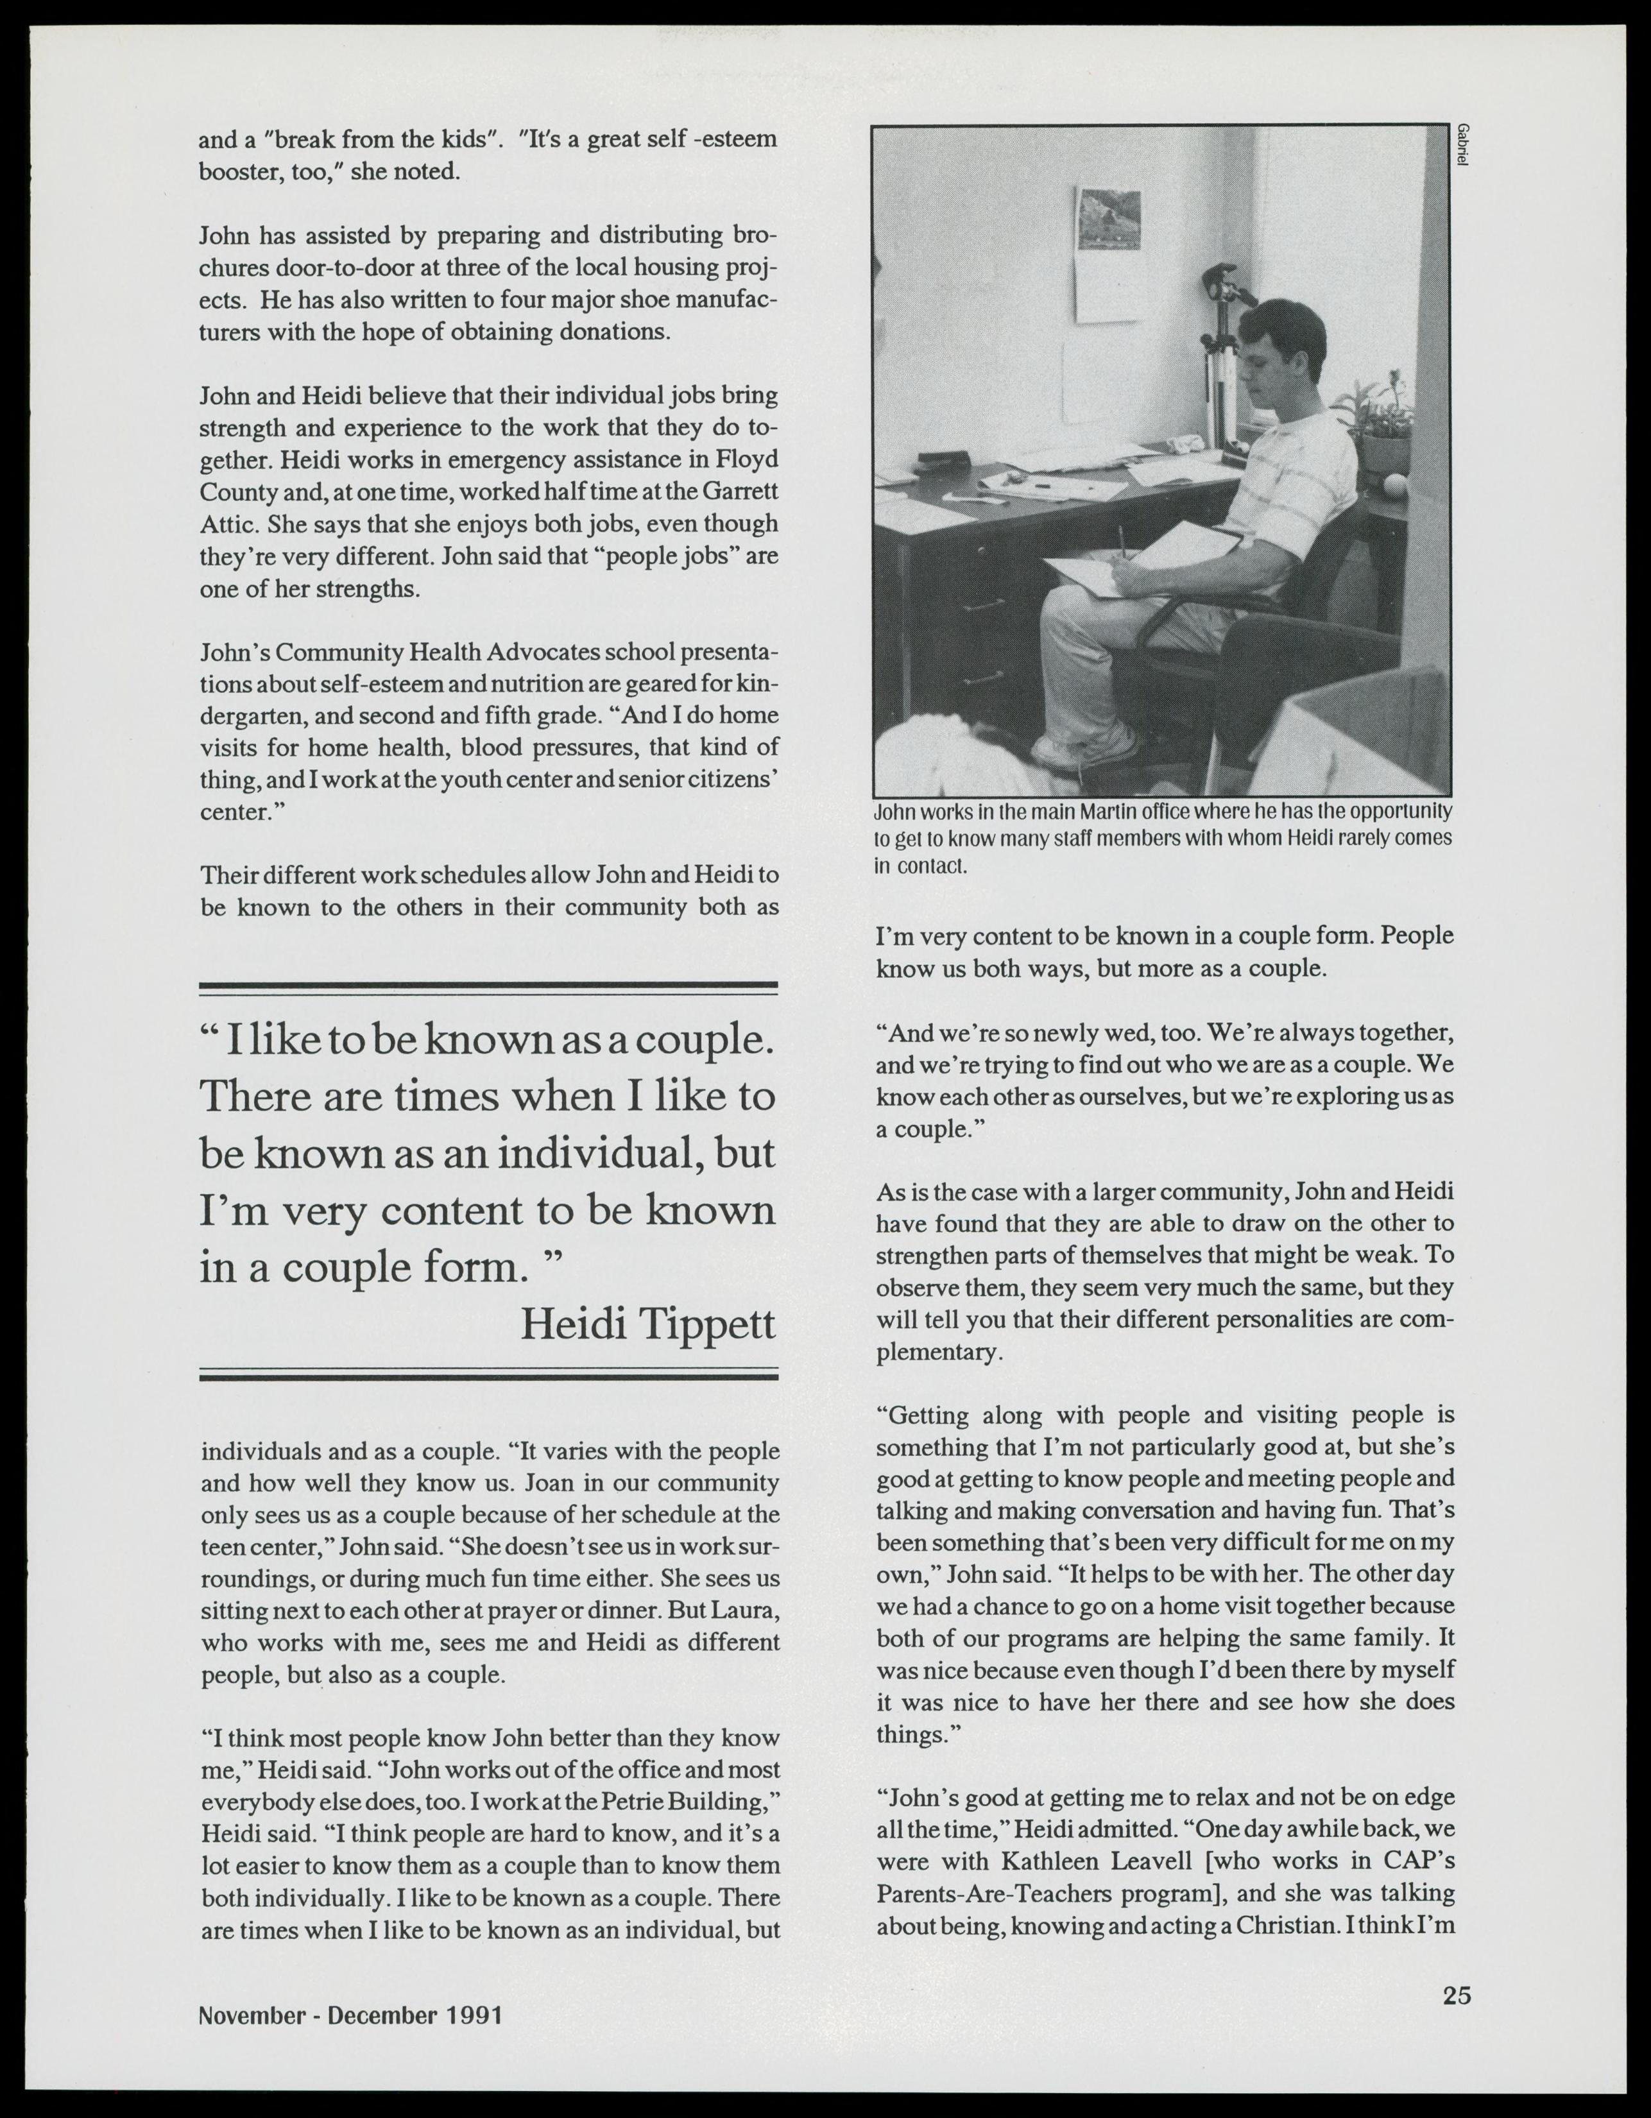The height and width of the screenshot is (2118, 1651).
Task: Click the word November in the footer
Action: pyautogui.click(x=252, y=2016)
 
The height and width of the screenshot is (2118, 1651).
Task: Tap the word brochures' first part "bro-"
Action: pyautogui.click(x=755, y=235)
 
